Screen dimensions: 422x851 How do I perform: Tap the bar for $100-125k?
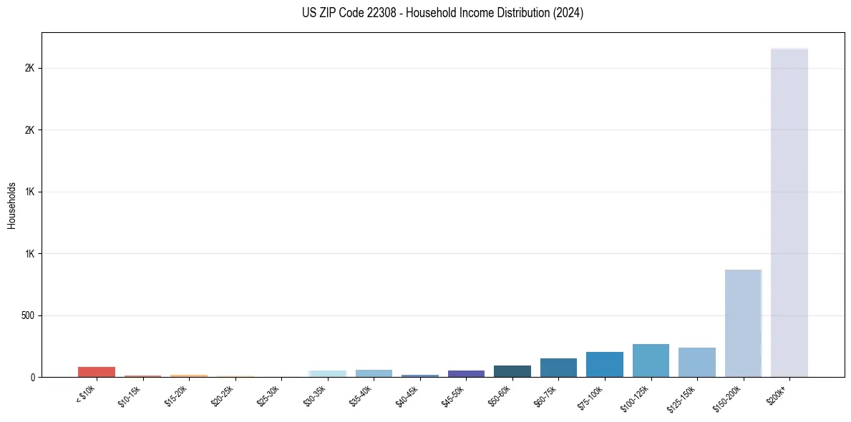[651, 360]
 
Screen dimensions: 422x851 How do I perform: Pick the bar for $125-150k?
[696, 363]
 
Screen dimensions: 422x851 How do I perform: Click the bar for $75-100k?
[604, 365]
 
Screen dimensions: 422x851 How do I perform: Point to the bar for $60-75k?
[558, 368]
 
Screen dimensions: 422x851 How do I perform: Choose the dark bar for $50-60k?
[512, 371]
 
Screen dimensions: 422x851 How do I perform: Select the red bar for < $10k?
[97, 372]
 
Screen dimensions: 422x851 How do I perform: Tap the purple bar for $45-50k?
[466, 373]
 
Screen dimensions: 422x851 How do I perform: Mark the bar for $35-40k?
[374, 373]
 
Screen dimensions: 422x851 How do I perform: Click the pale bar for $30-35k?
[327, 373]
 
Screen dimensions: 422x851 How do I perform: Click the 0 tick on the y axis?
[32, 377]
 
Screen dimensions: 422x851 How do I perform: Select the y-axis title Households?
[11, 205]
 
